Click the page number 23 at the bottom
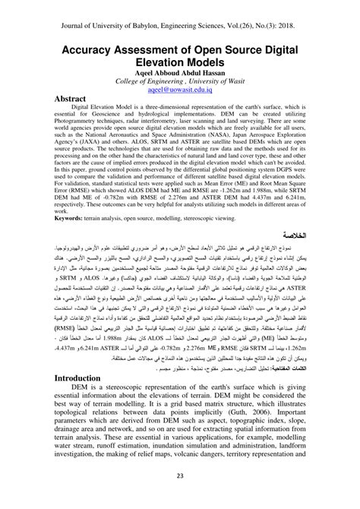[180, 476]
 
